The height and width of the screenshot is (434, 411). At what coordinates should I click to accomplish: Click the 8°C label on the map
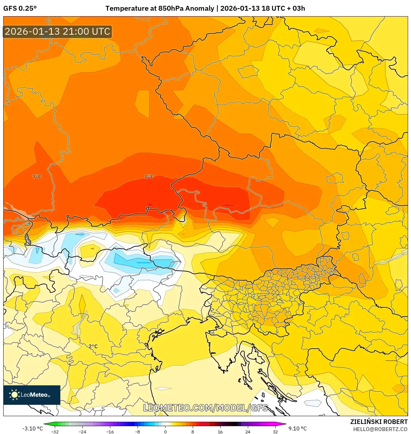pos(149,177)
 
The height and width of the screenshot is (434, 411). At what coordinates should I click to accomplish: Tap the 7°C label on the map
pos(37,177)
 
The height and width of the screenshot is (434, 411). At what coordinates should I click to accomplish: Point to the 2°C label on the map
pos(93,346)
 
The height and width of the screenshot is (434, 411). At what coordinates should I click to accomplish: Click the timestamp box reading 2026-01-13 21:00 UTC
pos(57,31)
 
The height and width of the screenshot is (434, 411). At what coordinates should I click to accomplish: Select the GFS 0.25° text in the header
pos(20,8)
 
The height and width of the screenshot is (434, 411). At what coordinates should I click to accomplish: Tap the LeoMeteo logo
pos(32,395)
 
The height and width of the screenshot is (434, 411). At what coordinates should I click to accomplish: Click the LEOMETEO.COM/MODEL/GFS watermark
pos(205,408)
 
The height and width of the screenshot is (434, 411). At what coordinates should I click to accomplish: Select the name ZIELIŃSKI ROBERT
pos(379,422)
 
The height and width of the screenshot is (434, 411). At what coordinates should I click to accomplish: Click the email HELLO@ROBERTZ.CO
pos(380,429)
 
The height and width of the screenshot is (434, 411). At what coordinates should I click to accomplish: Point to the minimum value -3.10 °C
pos(32,428)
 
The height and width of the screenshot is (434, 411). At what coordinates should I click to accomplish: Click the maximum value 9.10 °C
pos(297,428)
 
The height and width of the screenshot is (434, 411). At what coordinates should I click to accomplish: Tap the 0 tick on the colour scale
pos(165,431)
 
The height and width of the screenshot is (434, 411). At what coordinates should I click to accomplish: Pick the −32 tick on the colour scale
pos(55,431)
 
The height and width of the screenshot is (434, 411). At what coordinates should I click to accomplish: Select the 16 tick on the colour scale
pos(220,431)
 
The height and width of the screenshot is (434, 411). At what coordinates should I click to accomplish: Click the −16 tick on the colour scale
pos(110,431)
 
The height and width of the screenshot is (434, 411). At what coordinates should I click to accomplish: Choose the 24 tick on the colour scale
pos(248,431)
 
